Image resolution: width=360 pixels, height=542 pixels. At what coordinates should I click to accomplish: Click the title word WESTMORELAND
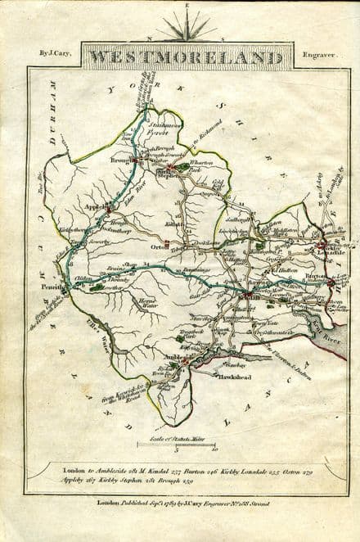(187, 58)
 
